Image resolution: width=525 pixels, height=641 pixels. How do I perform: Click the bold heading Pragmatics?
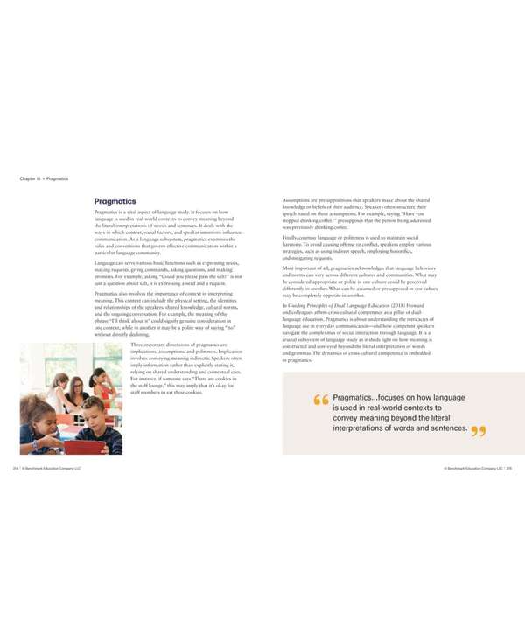tap(115, 201)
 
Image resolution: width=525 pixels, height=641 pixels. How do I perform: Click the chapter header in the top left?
tap(44, 179)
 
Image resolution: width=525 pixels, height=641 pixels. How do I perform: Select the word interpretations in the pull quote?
tap(369, 428)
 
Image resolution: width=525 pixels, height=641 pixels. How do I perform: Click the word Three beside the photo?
tap(137, 345)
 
